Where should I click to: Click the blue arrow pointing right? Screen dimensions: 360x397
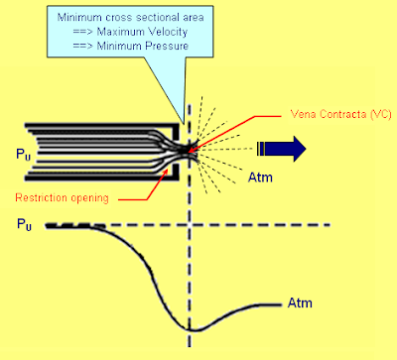pyautogui.click(x=282, y=149)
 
